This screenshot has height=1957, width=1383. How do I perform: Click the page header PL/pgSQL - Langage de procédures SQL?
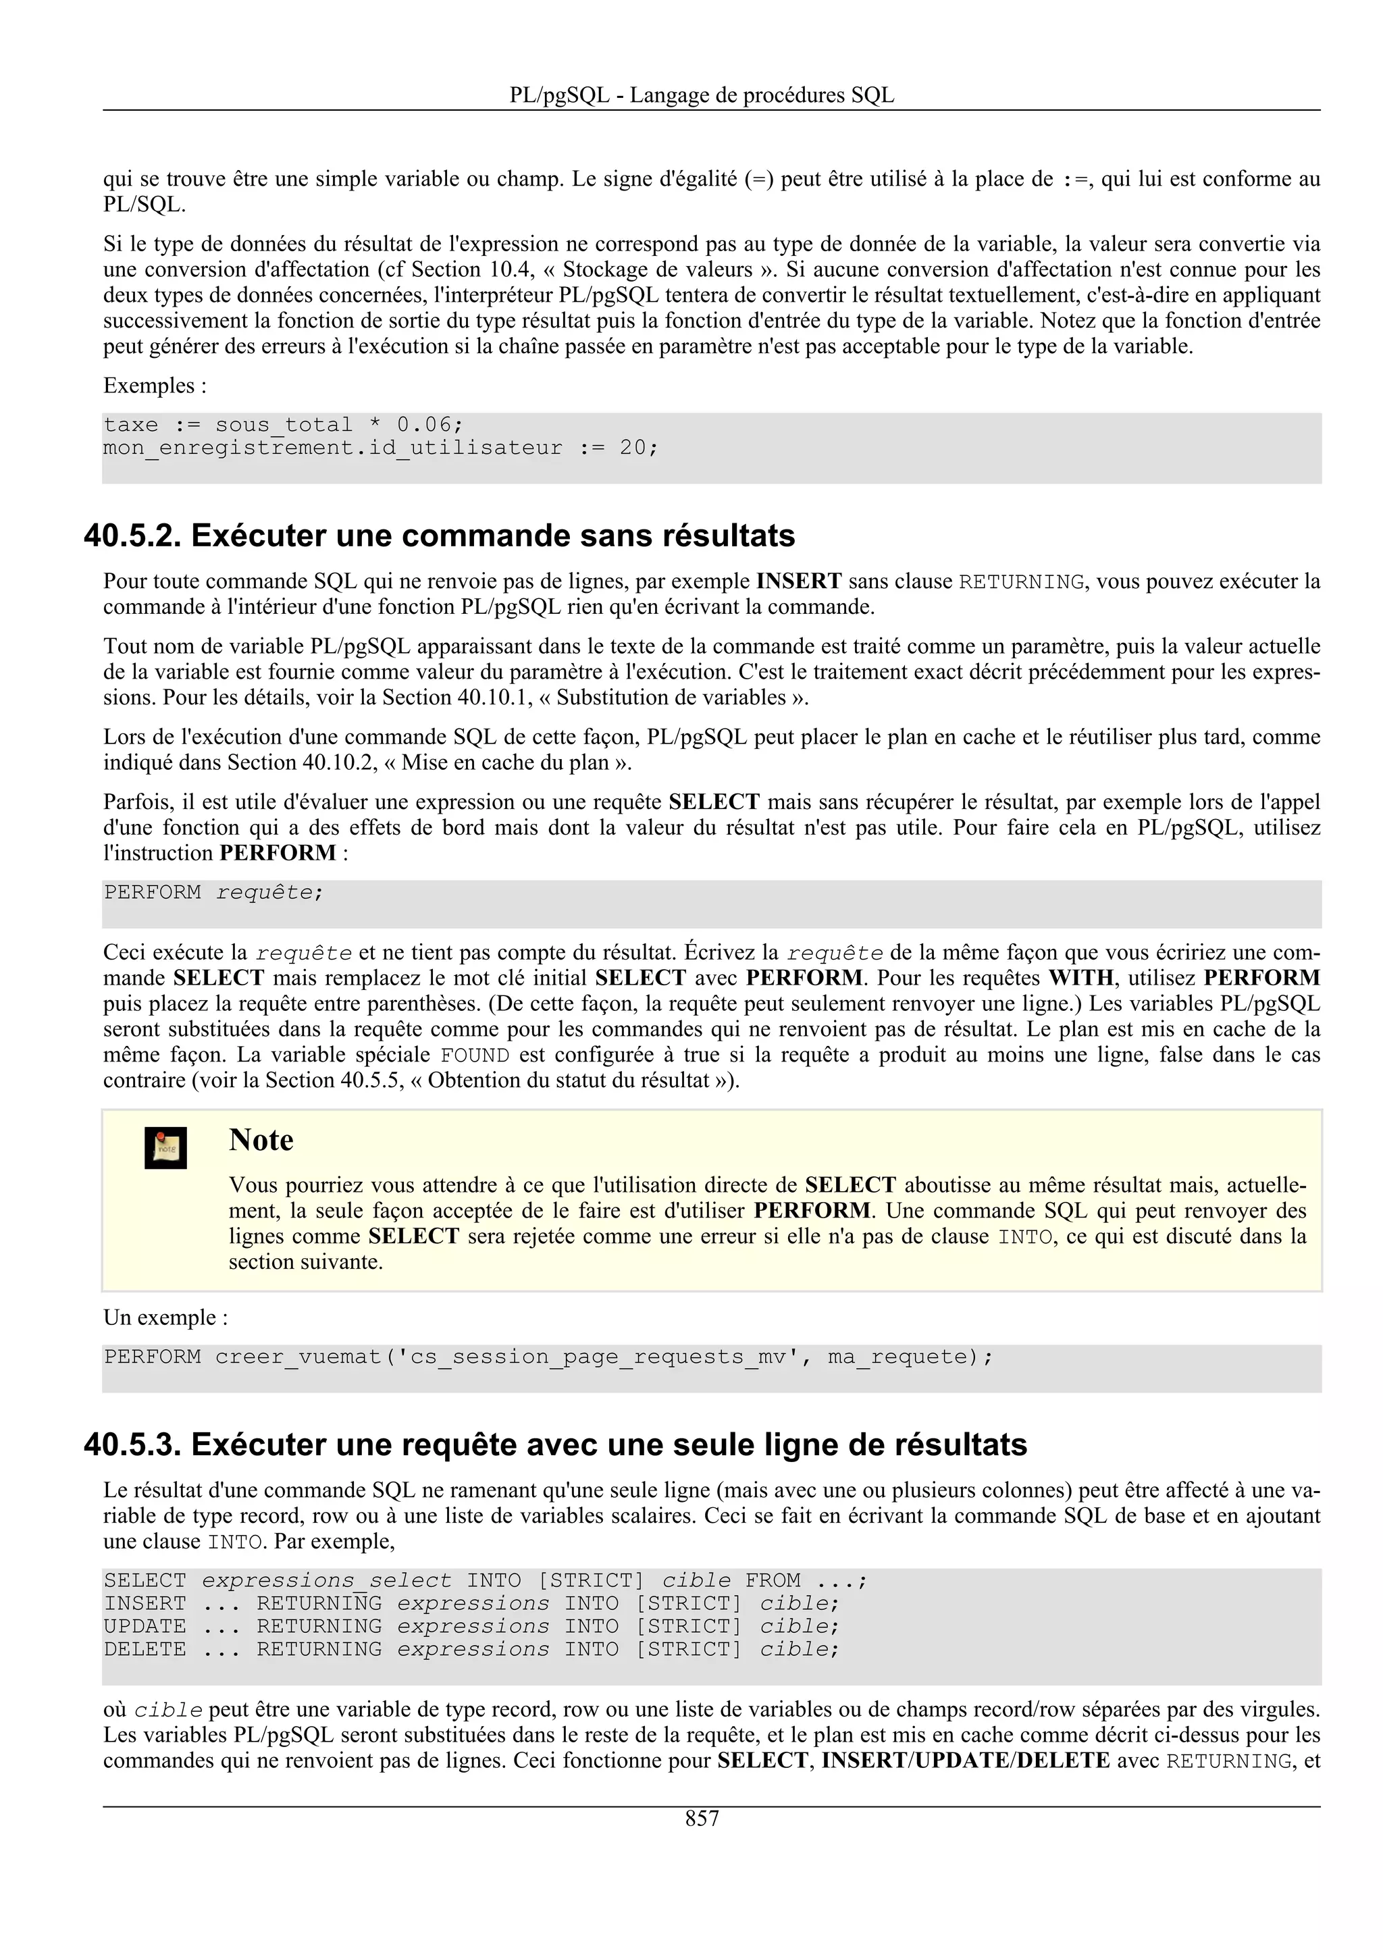coord(702,95)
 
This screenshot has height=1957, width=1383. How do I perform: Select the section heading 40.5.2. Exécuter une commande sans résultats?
coord(439,536)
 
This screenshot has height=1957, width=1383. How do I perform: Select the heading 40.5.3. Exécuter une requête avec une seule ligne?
coord(554,1444)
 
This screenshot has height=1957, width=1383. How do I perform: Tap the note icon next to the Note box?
coord(165,1148)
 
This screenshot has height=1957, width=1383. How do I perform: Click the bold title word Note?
coord(261,1140)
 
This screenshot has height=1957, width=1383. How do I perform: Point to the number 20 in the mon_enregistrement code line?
coord(631,448)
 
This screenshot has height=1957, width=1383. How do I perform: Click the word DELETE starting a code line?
coord(145,1649)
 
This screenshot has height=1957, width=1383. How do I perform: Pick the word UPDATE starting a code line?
coord(145,1626)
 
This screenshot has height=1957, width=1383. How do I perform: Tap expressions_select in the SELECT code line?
coord(326,1580)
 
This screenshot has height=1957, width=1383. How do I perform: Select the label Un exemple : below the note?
coord(165,1317)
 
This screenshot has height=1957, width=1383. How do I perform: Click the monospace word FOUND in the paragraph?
coord(475,1055)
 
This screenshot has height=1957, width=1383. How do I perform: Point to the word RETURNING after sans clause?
coord(1021,582)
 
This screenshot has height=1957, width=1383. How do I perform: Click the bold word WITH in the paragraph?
coord(1080,978)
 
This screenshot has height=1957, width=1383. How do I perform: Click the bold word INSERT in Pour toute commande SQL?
coord(798,581)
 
